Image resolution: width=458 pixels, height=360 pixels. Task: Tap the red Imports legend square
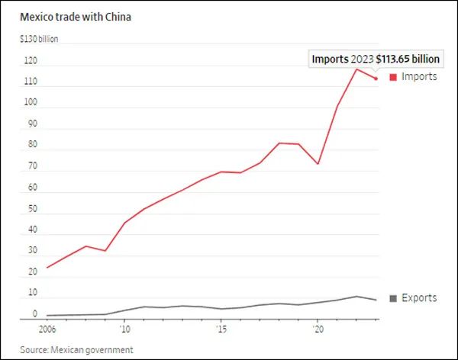(x=393, y=76)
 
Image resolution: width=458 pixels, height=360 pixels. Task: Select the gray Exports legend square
(x=393, y=297)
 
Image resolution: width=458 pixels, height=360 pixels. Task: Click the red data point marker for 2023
(x=376, y=78)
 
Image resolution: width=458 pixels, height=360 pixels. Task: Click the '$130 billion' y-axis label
(x=39, y=37)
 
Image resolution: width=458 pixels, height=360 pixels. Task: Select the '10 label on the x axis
(x=124, y=330)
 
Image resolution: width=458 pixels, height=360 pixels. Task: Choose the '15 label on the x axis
(x=221, y=330)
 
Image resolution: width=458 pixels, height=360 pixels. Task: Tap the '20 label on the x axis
(x=318, y=330)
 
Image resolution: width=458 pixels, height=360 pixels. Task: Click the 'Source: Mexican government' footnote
(x=71, y=349)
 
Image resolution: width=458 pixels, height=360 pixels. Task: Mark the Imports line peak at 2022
(x=356, y=69)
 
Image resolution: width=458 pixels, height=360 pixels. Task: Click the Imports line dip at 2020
(x=318, y=164)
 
